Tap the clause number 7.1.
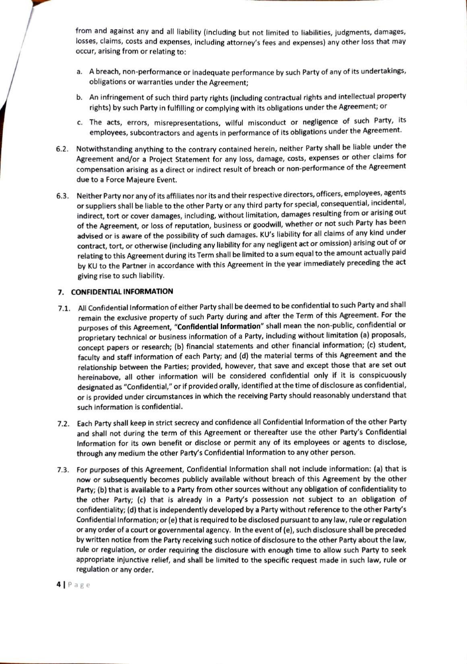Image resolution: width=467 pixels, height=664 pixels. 64,309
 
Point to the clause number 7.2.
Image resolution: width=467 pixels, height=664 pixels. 63,424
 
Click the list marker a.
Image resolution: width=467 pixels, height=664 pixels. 80,72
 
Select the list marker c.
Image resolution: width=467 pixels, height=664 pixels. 80,122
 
